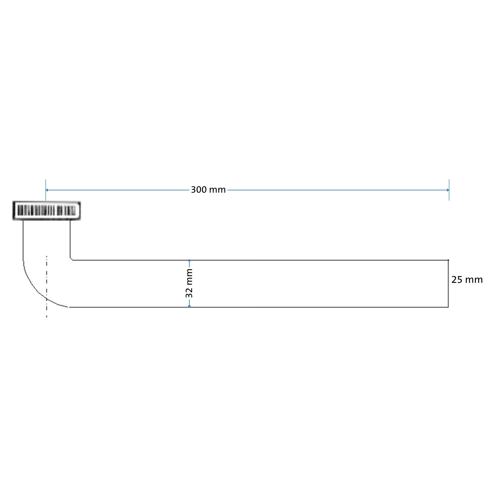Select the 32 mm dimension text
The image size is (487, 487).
click(x=189, y=283)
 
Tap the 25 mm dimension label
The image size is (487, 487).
click(x=467, y=280)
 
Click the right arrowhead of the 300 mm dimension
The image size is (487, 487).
click(x=448, y=190)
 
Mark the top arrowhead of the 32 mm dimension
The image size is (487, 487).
click(x=189, y=261)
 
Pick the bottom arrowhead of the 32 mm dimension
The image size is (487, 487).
click(x=189, y=306)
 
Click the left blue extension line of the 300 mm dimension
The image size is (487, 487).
click(x=46, y=190)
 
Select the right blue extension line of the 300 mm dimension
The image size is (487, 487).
click(x=449, y=190)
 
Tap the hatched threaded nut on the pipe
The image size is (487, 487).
click(x=47, y=211)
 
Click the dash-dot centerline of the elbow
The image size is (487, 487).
click(x=47, y=287)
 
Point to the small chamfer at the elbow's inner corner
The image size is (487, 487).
click(x=71, y=259)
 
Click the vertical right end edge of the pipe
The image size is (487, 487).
click(x=448, y=284)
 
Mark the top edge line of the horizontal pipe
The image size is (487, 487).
click(x=260, y=260)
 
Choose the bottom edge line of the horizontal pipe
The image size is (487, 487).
click(x=259, y=307)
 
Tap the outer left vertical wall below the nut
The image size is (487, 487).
click(x=23, y=240)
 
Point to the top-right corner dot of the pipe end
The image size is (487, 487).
click(x=448, y=260)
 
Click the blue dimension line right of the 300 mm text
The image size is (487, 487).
click(x=338, y=190)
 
